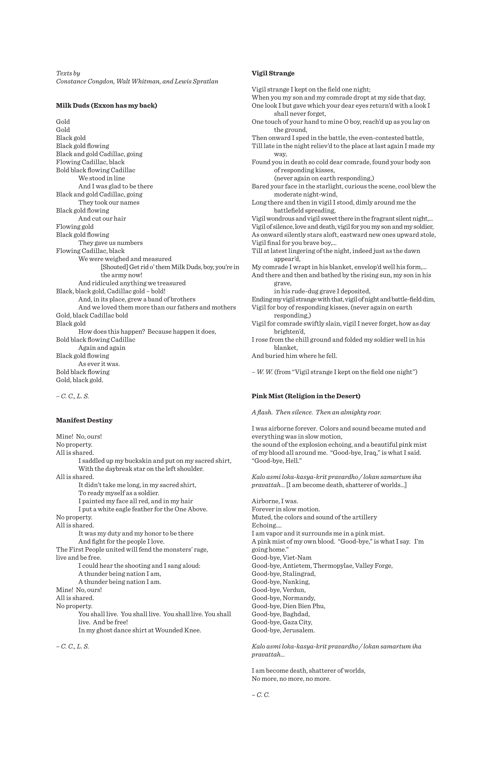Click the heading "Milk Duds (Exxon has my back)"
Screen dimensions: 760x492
[106, 106]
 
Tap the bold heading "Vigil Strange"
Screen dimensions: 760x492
[273, 73]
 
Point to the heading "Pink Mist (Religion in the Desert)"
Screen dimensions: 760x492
[306, 396]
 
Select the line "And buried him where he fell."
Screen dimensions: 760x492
[294, 356]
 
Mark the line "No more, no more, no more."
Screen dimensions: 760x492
[291, 679]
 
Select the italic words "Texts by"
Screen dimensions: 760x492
[68, 73]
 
